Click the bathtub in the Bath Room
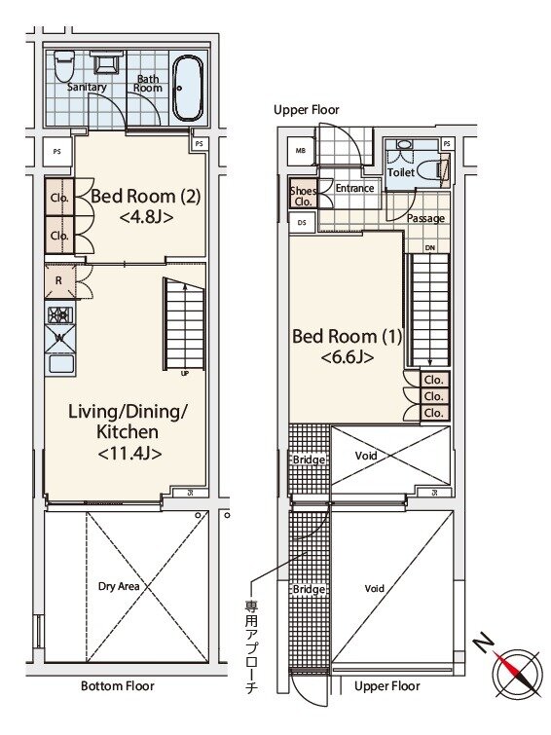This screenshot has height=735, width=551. [x=188, y=89]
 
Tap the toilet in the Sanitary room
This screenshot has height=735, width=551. [x=64, y=66]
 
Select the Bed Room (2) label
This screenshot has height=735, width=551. [x=146, y=196]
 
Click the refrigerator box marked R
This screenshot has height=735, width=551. [x=59, y=280]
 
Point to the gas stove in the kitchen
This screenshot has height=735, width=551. [x=60, y=314]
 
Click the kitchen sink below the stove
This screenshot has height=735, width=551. [x=60, y=363]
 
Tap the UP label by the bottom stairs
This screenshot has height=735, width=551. [x=185, y=374]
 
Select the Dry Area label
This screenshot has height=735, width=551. [x=119, y=586]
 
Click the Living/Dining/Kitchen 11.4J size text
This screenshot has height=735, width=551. [x=129, y=454]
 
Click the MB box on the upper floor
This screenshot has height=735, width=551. [x=301, y=151]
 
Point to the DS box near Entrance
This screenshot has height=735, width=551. [x=302, y=223]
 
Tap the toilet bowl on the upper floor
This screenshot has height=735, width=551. [x=428, y=170]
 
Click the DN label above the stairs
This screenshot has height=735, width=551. [x=430, y=247]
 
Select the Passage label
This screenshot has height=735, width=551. [x=425, y=218]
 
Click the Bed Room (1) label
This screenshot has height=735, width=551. [x=347, y=336]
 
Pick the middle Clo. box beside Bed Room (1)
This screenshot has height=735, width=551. [x=435, y=396]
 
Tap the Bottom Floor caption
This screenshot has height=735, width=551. [x=117, y=685]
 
